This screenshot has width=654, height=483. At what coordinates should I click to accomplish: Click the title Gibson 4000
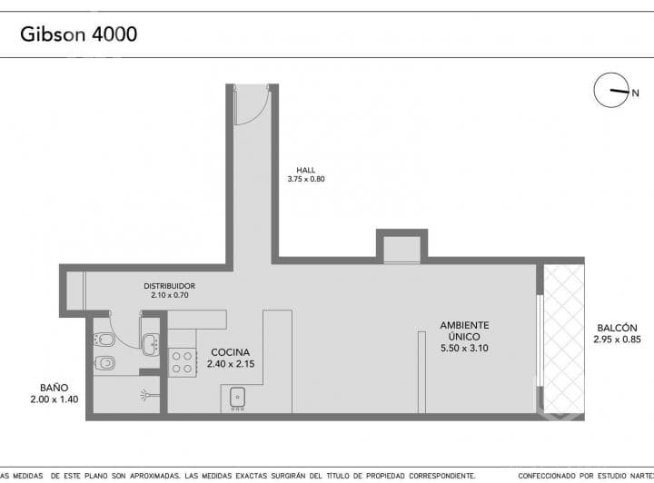[79, 34]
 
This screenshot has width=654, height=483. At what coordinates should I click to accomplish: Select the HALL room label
[305, 169]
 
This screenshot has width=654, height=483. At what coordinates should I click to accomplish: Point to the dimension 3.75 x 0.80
[305, 179]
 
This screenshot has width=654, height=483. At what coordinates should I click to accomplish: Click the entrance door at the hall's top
[250, 105]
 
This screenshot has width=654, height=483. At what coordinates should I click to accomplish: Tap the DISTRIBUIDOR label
[169, 286]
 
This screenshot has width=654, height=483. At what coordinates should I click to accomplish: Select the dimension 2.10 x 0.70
[169, 296]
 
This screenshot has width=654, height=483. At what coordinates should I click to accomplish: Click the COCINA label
[231, 352]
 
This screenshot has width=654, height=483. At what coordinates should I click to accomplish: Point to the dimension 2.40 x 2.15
[231, 364]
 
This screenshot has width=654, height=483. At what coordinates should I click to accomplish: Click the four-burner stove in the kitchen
[183, 362]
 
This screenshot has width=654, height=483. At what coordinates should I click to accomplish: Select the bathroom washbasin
[150, 343]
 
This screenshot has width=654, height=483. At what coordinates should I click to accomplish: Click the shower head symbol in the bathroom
[148, 395]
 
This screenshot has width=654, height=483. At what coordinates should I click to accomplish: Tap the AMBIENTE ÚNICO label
[464, 330]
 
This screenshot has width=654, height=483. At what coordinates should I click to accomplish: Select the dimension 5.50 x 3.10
[464, 348]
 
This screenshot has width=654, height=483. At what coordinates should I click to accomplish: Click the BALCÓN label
[617, 328]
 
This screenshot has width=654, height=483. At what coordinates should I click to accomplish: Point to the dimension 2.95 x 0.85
[617, 340]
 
